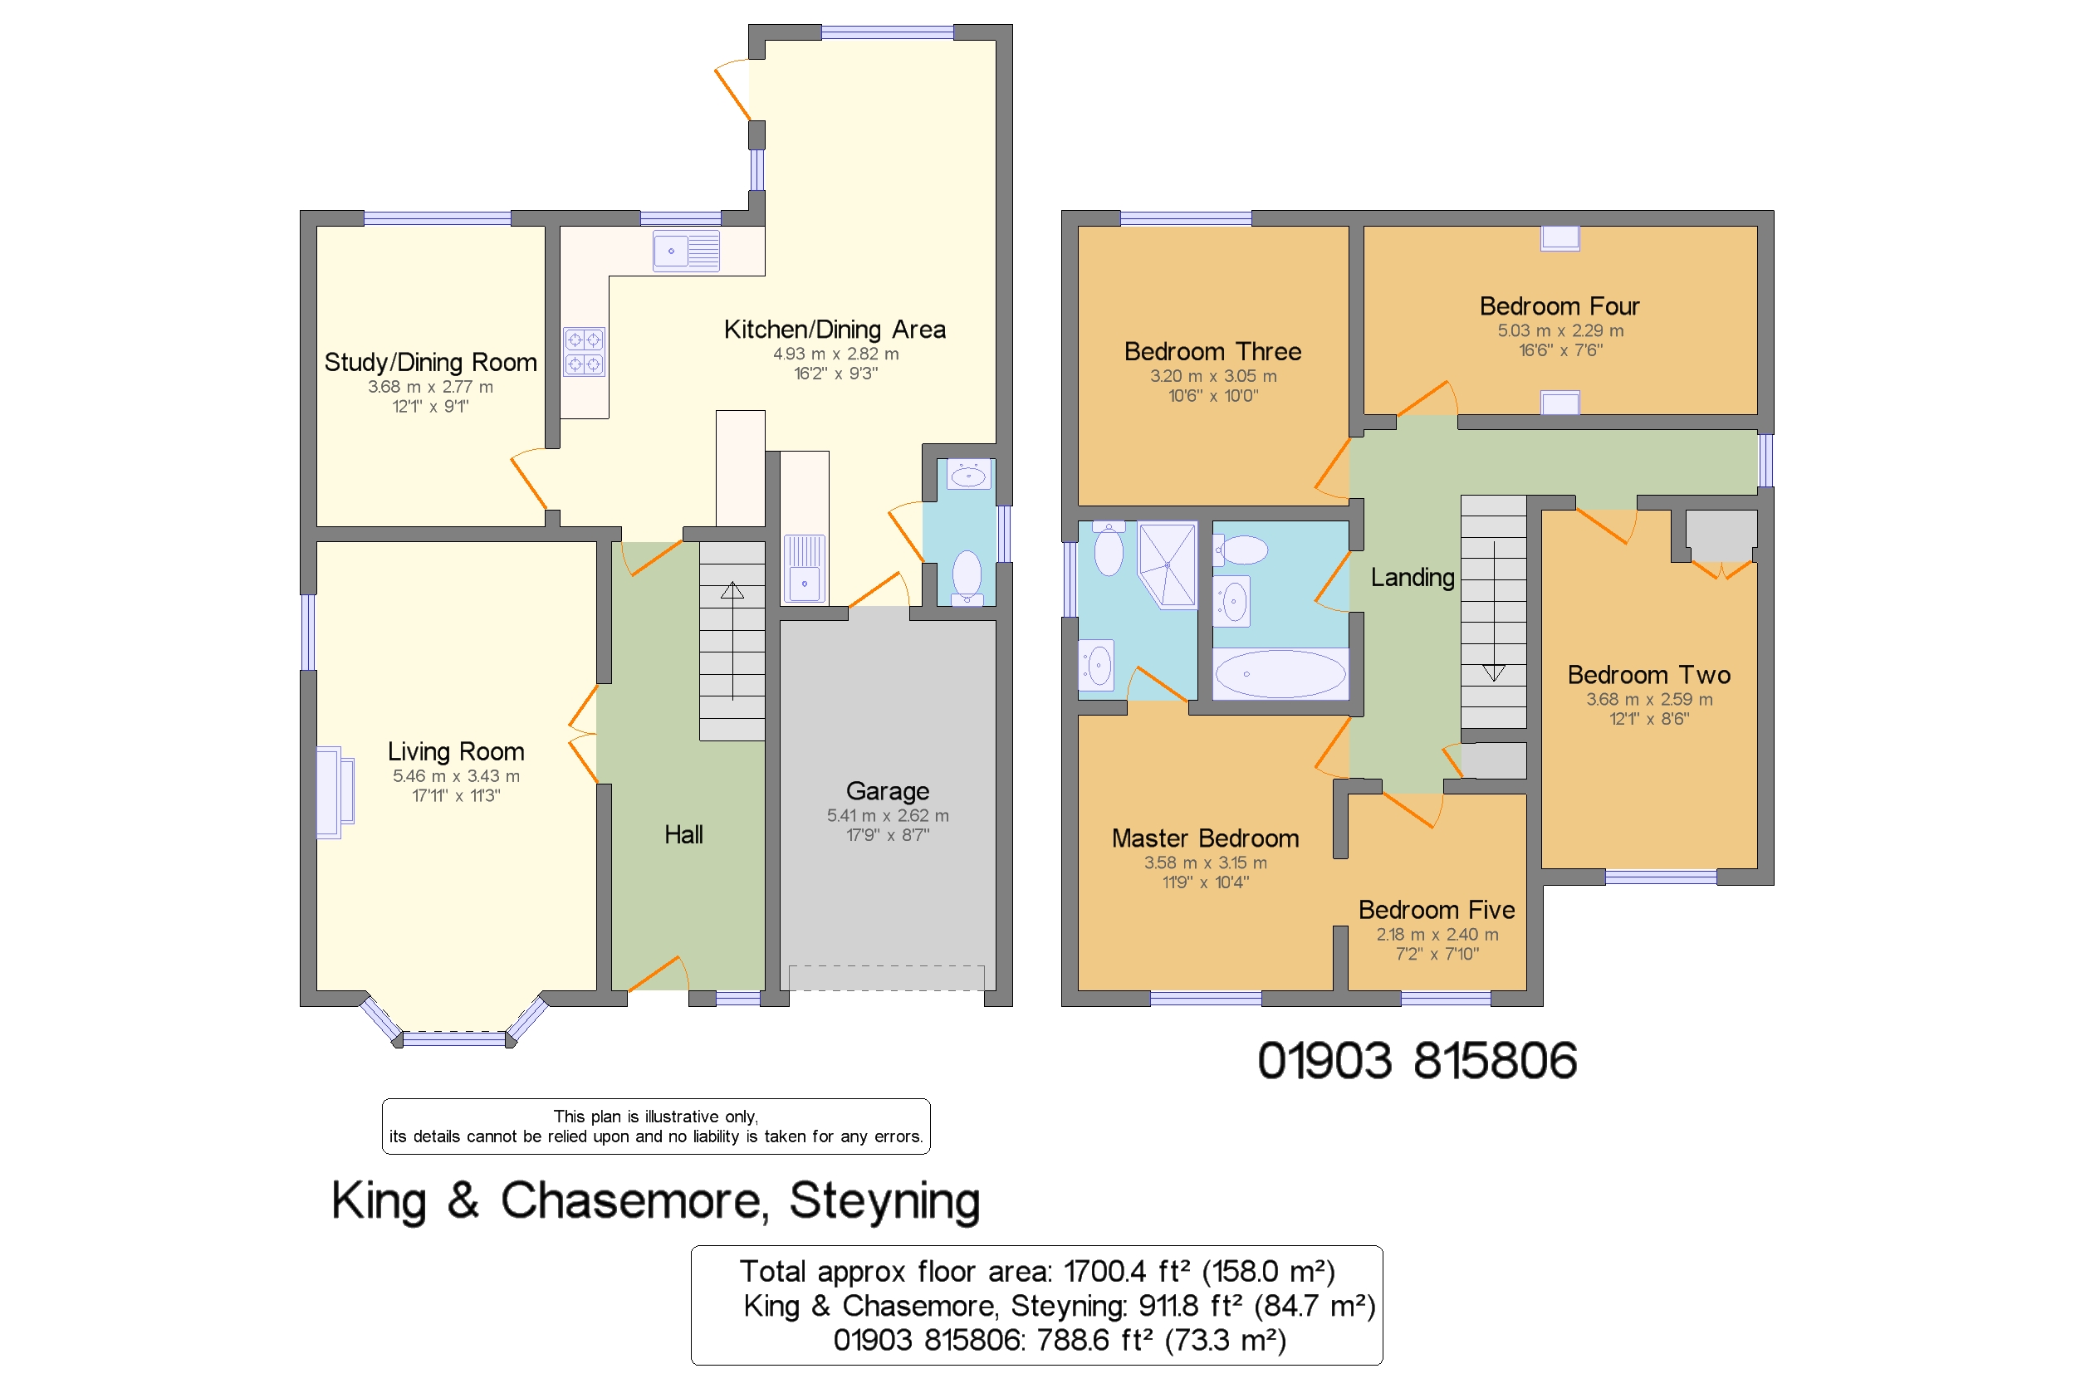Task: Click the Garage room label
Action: [887, 790]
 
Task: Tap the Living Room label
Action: [455, 750]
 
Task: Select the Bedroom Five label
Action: [1436, 908]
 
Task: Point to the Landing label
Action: [1412, 577]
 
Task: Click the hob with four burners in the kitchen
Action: [584, 351]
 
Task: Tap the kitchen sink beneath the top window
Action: [686, 252]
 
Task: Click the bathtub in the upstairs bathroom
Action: [1280, 673]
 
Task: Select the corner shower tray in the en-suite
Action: [1168, 564]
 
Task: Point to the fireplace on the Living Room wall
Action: [335, 791]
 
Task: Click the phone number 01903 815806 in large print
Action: [1416, 1059]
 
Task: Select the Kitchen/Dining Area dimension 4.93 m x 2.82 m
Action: [835, 353]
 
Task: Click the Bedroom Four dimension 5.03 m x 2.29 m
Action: [1559, 330]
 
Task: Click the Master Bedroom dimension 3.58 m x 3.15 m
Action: [1204, 862]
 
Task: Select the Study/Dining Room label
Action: [429, 362]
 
